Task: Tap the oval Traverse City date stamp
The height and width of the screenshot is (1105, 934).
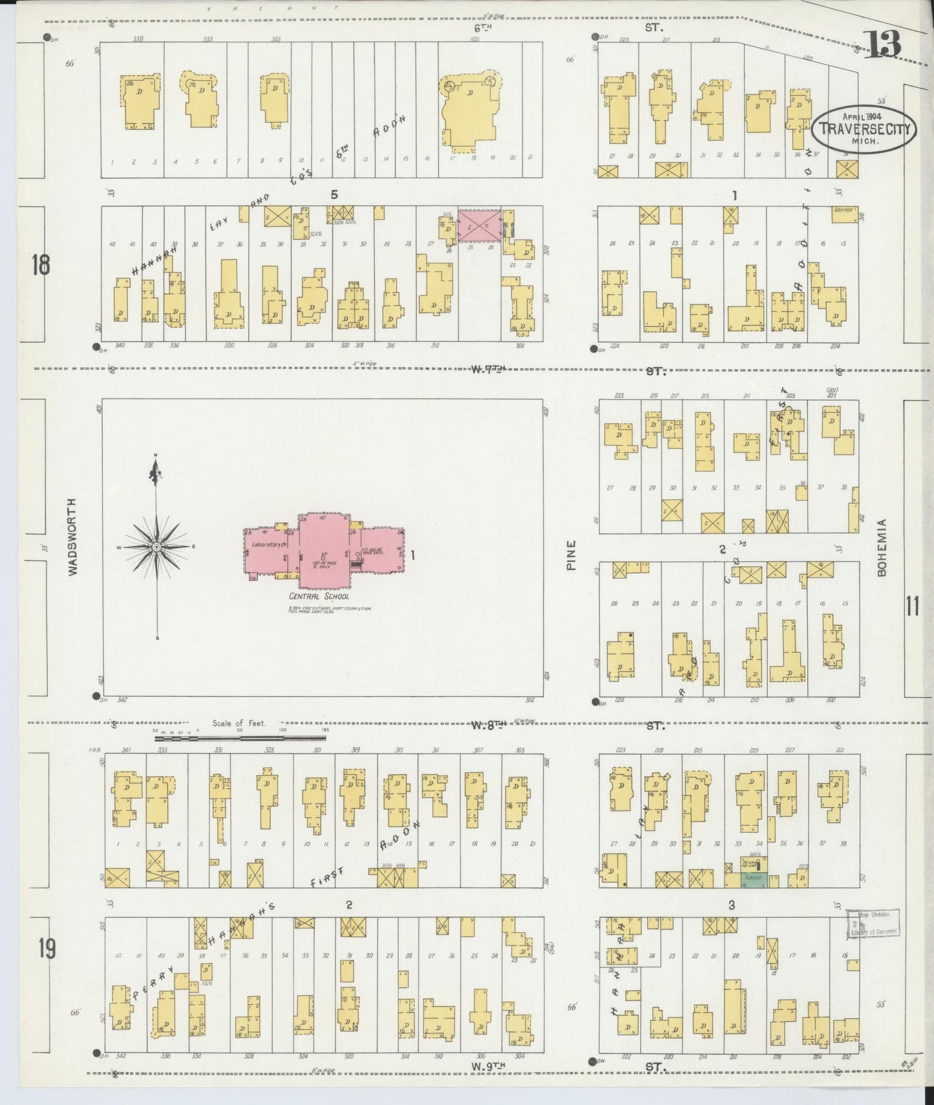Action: click(865, 129)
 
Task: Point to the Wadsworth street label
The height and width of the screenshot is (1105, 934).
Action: click(72, 536)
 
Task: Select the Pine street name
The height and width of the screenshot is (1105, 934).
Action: click(571, 555)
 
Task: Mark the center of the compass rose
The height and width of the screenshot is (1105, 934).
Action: click(156, 547)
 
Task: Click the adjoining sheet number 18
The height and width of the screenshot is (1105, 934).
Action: click(40, 265)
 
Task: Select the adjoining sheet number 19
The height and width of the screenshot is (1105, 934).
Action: click(46, 949)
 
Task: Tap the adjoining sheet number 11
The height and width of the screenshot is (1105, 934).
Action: click(912, 607)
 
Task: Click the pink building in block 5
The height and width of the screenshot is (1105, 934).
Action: click(479, 225)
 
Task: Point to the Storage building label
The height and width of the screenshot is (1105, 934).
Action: click(844, 210)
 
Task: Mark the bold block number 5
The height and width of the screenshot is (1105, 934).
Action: click(334, 194)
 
